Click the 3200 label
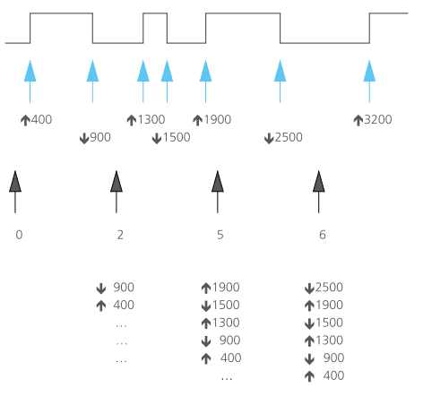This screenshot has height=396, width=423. pyautogui.click(x=378, y=119)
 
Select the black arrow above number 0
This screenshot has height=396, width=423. pyautogui.click(x=15, y=192)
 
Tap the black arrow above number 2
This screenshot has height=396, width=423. pyautogui.click(x=117, y=192)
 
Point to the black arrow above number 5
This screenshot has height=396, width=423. pyautogui.click(x=218, y=192)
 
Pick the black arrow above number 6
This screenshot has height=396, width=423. pyautogui.click(x=319, y=192)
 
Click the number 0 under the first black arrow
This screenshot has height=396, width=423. pyautogui.click(x=19, y=235)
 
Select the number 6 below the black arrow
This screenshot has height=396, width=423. pyautogui.click(x=323, y=235)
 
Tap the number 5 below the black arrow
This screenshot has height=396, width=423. pyautogui.click(x=220, y=235)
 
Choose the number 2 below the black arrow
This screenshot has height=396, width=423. pyautogui.click(x=120, y=235)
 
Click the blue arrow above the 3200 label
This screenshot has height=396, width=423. pyautogui.click(x=369, y=82)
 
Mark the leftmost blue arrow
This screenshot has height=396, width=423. pyautogui.click(x=30, y=82)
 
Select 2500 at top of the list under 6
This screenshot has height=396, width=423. pyautogui.click(x=329, y=288)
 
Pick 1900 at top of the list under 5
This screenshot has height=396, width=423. pyautogui.click(x=226, y=288)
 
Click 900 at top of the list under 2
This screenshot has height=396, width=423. pyautogui.click(x=124, y=288)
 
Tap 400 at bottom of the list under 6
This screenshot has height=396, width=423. pyautogui.click(x=333, y=375)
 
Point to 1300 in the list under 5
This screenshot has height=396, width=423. pyautogui.click(x=226, y=323)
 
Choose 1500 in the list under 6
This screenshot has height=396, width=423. pyautogui.click(x=329, y=323)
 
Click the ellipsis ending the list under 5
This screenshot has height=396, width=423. pyautogui.click(x=227, y=379)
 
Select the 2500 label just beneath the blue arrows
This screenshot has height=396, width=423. pyautogui.click(x=289, y=137)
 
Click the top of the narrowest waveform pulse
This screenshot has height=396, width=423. pyautogui.click(x=155, y=13)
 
